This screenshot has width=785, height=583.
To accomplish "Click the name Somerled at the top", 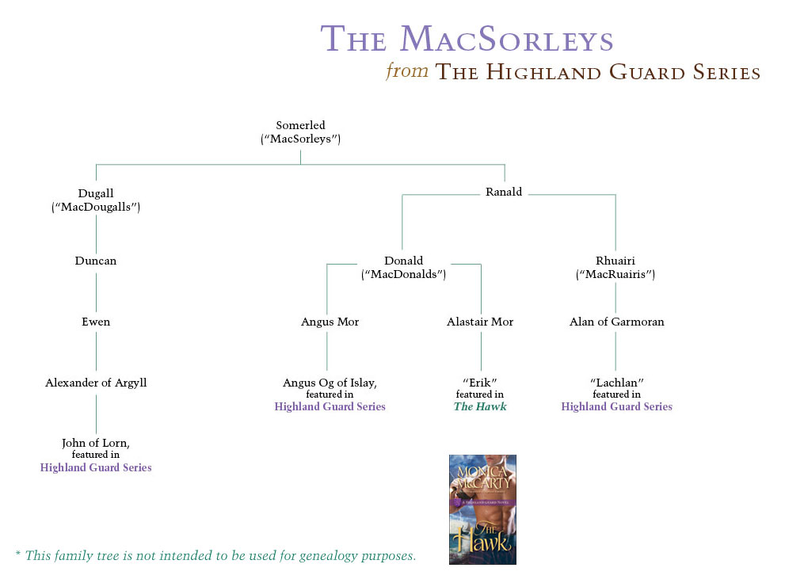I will (300, 125).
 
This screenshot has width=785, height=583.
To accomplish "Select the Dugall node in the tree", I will (96, 193).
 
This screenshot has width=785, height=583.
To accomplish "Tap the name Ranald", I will (504, 192).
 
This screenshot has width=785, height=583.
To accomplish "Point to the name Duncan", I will (96, 261).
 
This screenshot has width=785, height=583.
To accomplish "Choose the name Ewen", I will (96, 322).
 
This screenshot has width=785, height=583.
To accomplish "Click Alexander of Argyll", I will (96, 383).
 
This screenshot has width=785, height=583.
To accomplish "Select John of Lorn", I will (96, 443).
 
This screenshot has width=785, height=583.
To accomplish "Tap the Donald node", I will (404, 261).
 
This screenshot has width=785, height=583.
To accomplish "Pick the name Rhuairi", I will (615, 261).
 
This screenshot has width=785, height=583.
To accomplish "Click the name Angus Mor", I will (330, 322).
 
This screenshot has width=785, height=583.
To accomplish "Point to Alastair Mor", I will (480, 322).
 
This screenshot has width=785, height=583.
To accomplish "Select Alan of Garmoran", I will (616, 322).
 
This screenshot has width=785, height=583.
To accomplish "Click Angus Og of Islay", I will (330, 383).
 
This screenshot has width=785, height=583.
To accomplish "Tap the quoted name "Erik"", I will (480, 383).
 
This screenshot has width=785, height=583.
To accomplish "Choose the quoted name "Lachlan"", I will (616, 383).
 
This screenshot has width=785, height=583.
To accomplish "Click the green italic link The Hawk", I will (480, 406).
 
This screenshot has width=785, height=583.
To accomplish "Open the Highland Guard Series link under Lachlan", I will (616, 406).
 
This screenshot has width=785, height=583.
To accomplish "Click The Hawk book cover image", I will (482, 509).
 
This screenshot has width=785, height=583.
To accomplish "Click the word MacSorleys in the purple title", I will (507, 40).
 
